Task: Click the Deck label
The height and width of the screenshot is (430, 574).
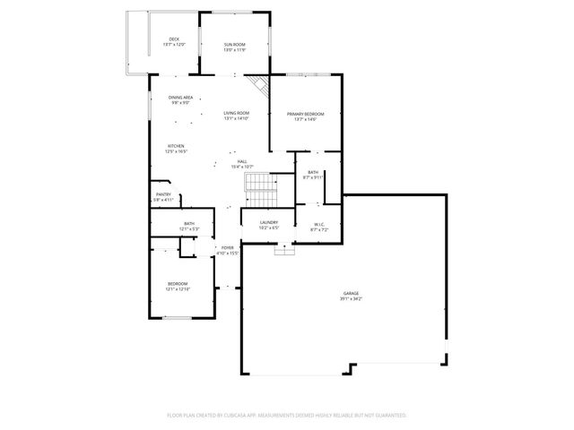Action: [174, 39]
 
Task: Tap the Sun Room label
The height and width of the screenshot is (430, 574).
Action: [234, 44]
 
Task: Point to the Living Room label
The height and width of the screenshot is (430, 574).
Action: [236, 113]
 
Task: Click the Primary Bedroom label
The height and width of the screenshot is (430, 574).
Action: [305, 114]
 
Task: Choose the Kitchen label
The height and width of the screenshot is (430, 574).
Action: [175, 146]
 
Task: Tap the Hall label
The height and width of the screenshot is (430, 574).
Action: [242, 161]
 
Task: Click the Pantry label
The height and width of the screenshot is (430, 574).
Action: [163, 193]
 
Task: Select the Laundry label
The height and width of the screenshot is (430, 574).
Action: [269, 222]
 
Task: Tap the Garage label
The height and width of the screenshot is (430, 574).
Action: [350, 293]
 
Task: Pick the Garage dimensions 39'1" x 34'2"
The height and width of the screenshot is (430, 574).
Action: [350, 298]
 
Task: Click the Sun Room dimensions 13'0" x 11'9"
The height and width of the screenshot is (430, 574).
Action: [234, 49]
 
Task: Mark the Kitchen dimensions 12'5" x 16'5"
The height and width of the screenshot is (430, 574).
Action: [175, 151]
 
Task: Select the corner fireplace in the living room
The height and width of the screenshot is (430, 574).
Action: [261, 87]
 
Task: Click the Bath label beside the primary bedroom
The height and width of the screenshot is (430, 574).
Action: [313, 172]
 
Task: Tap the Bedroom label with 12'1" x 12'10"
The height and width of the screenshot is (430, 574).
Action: [178, 284]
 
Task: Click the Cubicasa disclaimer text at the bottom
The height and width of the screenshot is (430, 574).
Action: [287, 415]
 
